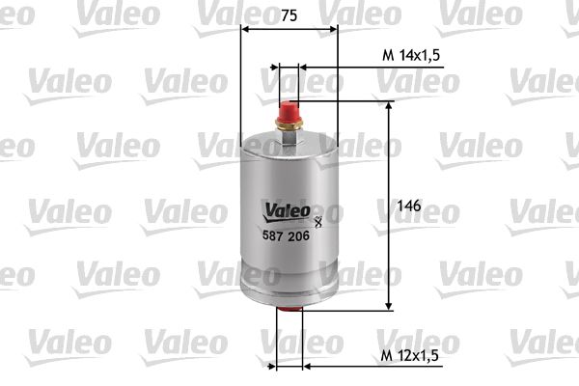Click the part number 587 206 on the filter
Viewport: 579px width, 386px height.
[285, 237]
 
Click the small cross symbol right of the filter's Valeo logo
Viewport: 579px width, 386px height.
[317, 224]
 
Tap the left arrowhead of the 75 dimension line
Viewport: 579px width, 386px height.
[243, 28]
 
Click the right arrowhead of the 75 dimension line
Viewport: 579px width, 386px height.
[334, 28]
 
